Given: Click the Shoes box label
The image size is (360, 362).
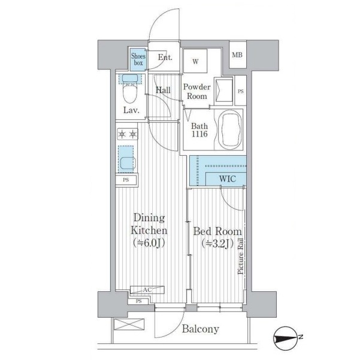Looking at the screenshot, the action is pos(138,59).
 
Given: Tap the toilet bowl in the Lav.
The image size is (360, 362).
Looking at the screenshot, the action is pos(130,93).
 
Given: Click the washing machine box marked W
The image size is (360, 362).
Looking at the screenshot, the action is pos(195,61).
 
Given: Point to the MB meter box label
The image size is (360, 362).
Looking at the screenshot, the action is pos(237,55).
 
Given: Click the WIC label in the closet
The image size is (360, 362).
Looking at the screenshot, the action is pos(228,179).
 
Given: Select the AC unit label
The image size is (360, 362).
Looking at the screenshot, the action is pos(147,289).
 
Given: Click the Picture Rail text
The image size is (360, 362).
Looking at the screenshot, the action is pos(240,256).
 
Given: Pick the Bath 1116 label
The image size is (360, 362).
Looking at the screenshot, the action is pos(199,130).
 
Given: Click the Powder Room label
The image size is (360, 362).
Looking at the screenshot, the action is pos(197,92).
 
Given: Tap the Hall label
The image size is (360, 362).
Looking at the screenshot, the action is pos(163,90).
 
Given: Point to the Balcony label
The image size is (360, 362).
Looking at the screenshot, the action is pos(200,329).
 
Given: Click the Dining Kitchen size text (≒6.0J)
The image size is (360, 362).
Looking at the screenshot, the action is pos(149,243).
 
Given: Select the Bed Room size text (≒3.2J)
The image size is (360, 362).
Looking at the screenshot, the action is pos(217,243).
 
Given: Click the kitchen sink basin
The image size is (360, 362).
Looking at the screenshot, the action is pos(127,163).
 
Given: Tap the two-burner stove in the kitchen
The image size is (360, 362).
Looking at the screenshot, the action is pos(128,134).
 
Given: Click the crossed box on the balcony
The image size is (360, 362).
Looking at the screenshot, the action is pos(129,324).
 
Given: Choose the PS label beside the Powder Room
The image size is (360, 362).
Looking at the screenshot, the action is pos(241,91).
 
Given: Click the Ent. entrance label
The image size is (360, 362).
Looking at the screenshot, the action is pos(165,57).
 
